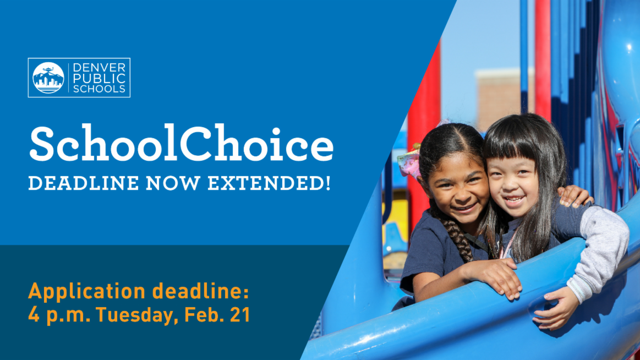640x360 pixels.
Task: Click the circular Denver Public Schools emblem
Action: pos(48,78)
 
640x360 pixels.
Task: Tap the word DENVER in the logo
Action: pos(99,68)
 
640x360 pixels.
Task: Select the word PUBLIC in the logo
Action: pos(99,78)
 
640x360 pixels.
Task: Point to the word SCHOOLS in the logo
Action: pos(99,88)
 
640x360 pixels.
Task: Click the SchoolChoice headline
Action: pos(181,144)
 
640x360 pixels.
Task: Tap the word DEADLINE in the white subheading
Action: pos(84,183)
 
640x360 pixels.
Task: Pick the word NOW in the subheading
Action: pos(173,183)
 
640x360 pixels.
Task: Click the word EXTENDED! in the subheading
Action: pos(269,183)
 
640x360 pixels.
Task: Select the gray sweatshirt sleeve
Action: pos(599,249)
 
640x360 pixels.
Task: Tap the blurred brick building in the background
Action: pos(499,99)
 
